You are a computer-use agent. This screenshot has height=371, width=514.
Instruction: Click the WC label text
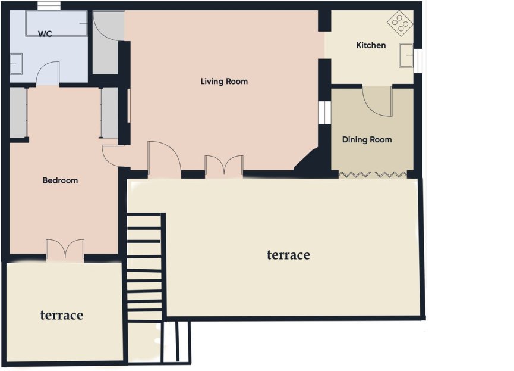click(45, 34)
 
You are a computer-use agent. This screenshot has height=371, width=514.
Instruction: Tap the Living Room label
click(223, 82)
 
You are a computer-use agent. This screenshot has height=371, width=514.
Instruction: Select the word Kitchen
click(370, 45)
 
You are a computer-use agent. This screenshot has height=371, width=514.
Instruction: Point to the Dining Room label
click(367, 140)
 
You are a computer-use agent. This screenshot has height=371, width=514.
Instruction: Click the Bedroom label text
click(60, 180)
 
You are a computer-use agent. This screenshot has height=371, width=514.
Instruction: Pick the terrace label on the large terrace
click(288, 255)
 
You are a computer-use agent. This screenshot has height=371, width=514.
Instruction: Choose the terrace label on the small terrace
click(61, 315)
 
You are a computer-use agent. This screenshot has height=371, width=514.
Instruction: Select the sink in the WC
click(16, 64)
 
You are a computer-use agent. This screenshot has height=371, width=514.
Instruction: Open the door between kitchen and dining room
click(377, 101)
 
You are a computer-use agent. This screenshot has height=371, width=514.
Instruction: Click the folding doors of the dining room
click(373, 174)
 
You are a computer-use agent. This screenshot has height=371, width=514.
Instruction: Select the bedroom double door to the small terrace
click(65, 250)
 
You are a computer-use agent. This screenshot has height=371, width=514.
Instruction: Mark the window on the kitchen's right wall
click(418, 58)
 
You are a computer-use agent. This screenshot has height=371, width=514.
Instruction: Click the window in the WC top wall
click(48, 6)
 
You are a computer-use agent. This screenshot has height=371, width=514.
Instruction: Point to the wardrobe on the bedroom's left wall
click(18, 113)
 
